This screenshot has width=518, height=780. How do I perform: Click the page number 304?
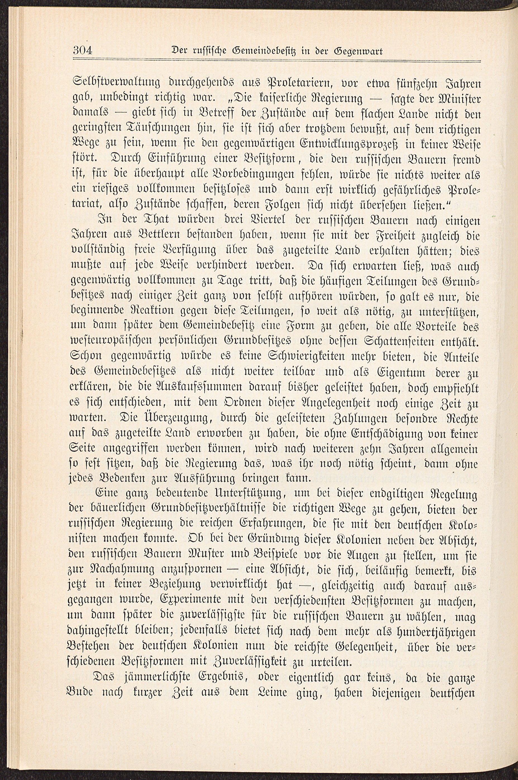point(84,51)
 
